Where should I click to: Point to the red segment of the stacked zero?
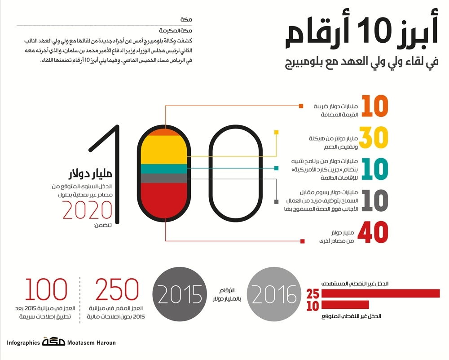tap(164, 203)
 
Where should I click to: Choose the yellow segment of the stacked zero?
tap(164, 150)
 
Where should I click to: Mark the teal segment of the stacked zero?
tap(164, 169)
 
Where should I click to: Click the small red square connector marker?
tap(303, 241)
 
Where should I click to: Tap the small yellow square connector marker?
tap(277, 132)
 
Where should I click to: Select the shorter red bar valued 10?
tap(345, 305)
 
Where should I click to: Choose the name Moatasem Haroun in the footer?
tap(92, 343)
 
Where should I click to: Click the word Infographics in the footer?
tap(23, 343)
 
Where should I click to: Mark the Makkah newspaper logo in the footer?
tap(53, 342)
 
